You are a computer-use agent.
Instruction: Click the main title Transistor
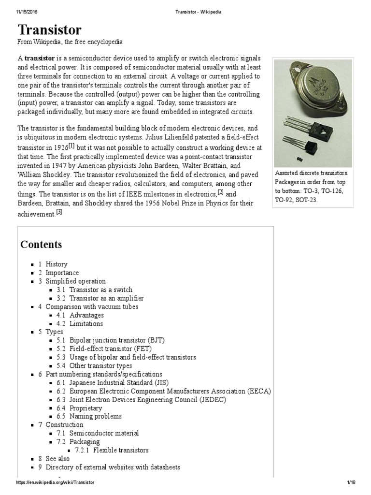click(x=49, y=29)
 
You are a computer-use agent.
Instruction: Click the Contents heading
click(x=41, y=245)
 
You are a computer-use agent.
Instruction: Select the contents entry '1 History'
click(x=56, y=264)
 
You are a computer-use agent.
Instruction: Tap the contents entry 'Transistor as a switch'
click(x=100, y=290)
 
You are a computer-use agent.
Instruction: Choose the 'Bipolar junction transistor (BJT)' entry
click(x=117, y=340)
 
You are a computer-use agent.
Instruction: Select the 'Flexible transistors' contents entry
click(x=121, y=450)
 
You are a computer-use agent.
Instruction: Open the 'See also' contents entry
click(x=57, y=459)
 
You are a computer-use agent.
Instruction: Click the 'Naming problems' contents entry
click(x=95, y=416)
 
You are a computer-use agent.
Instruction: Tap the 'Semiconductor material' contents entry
click(x=104, y=433)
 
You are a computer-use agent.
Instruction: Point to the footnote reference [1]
click(x=71, y=145)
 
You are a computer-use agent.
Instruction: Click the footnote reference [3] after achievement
click(x=59, y=212)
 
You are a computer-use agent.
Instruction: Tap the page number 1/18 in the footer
click(x=351, y=483)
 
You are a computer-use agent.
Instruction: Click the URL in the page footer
click(x=55, y=483)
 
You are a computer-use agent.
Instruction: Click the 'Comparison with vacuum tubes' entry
click(x=92, y=306)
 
